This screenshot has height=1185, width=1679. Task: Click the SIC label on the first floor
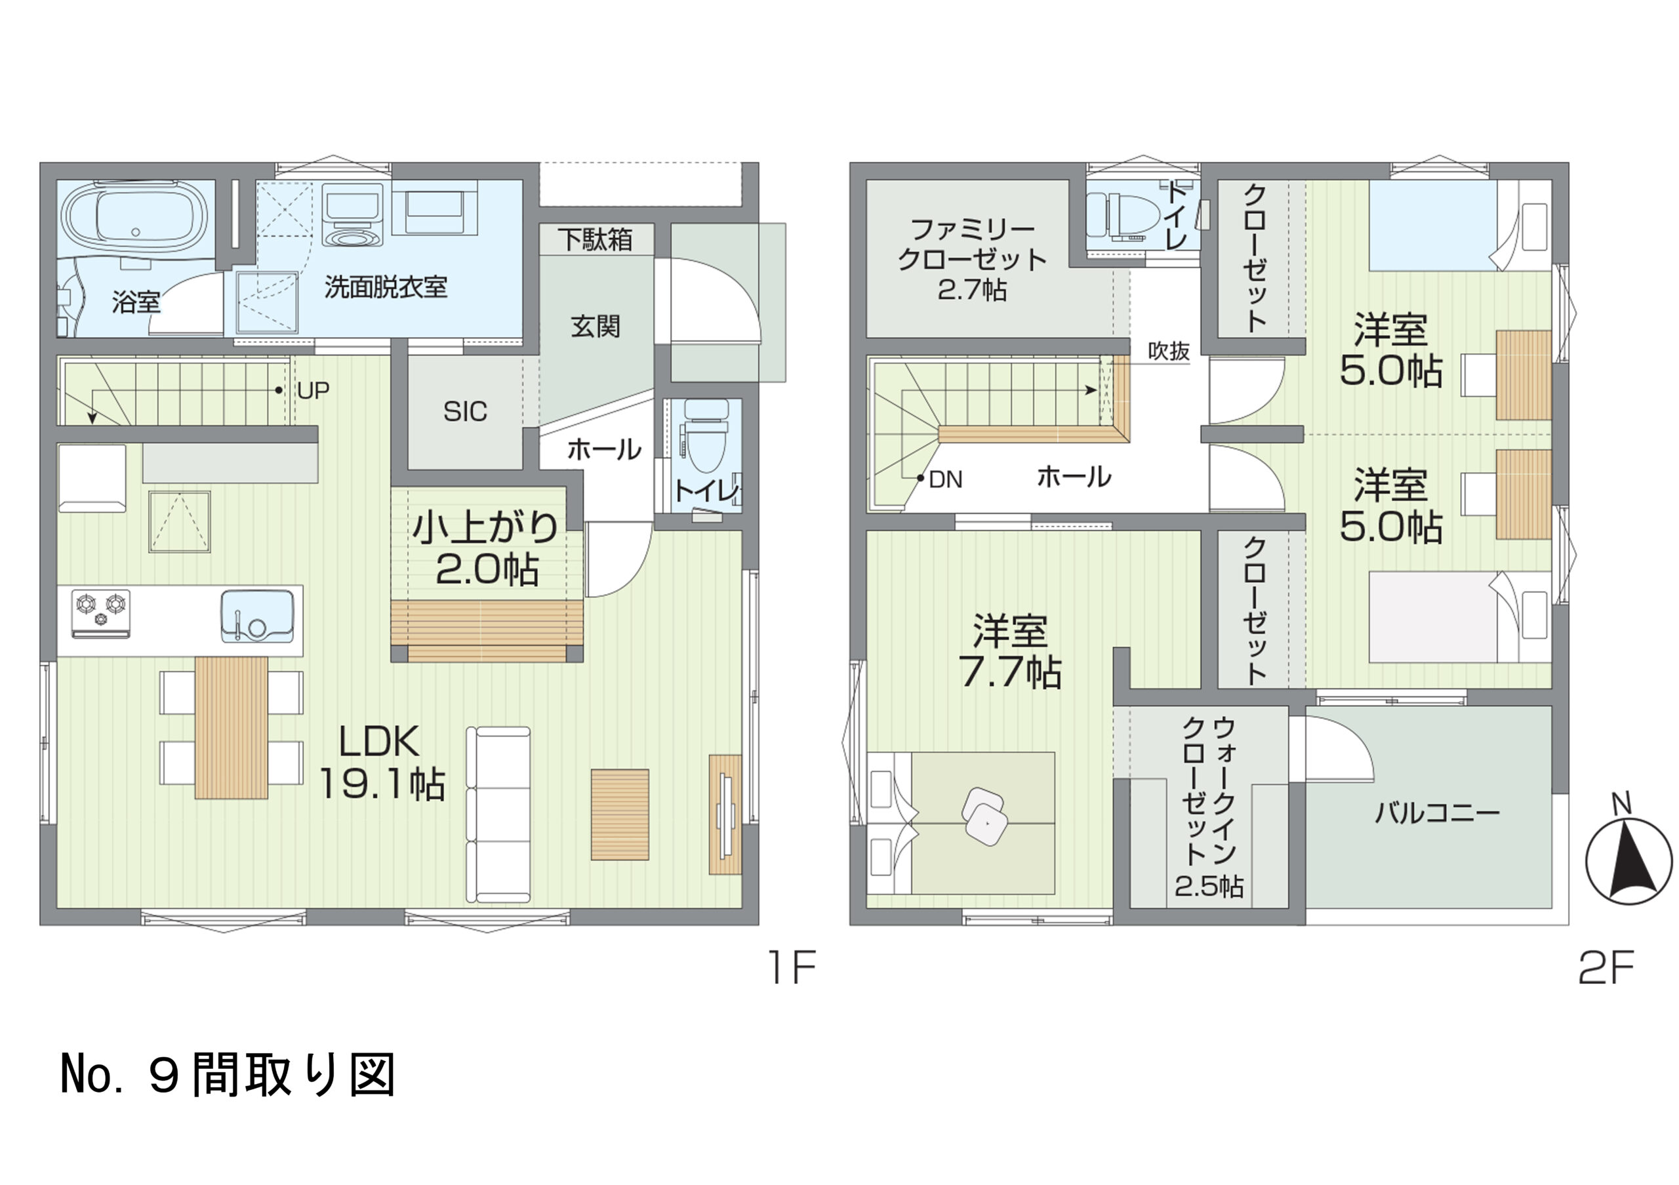tap(465, 412)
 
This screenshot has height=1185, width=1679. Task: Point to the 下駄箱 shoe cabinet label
tap(596, 239)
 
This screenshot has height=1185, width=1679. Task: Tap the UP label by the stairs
tap(313, 391)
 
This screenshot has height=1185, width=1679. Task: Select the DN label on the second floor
tap(946, 479)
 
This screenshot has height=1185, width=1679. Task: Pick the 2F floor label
tap(1606, 967)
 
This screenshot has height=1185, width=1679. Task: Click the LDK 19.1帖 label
tap(381, 763)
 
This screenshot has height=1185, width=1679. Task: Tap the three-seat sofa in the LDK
tap(498, 814)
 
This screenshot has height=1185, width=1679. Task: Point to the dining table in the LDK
tap(231, 727)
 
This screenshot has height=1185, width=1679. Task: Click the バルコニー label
tap(1437, 812)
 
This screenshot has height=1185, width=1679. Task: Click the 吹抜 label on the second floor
tap(1169, 351)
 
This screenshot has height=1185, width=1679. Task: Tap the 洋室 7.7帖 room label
tap(1010, 651)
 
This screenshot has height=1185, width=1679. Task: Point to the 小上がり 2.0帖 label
tap(485, 548)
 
